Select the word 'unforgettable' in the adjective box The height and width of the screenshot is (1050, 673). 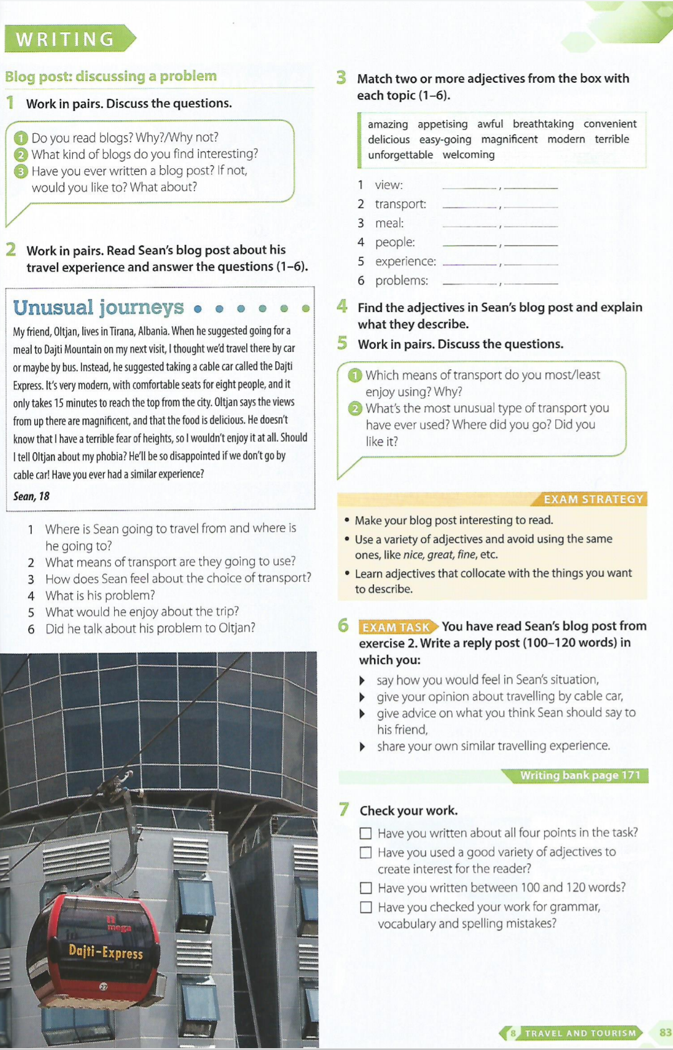coord(400,154)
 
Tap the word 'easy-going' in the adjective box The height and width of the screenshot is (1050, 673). coord(445,140)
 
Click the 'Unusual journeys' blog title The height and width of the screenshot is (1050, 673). coord(98,307)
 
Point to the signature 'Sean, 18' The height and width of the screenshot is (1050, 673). coord(31,496)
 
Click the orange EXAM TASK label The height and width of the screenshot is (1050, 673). coord(397,627)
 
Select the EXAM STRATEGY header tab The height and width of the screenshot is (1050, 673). coord(593,499)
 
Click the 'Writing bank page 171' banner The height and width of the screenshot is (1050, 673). coord(580,775)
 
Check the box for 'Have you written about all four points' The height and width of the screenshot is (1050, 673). coord(366,833)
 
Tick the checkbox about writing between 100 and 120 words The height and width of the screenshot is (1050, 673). coord(366,888)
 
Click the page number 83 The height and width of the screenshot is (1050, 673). coord(665,1033)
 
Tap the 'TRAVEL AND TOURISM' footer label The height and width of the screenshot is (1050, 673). coord(580,1033)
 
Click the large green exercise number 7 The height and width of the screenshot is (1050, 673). coord(344,810)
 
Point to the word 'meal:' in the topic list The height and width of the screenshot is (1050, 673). coord(389,223)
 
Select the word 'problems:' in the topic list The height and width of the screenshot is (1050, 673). coord(401,281)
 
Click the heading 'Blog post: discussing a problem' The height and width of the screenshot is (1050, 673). coord(111,76)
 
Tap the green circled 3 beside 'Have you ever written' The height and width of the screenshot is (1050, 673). coord(21,171)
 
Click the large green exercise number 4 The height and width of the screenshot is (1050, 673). coord(342,306)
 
